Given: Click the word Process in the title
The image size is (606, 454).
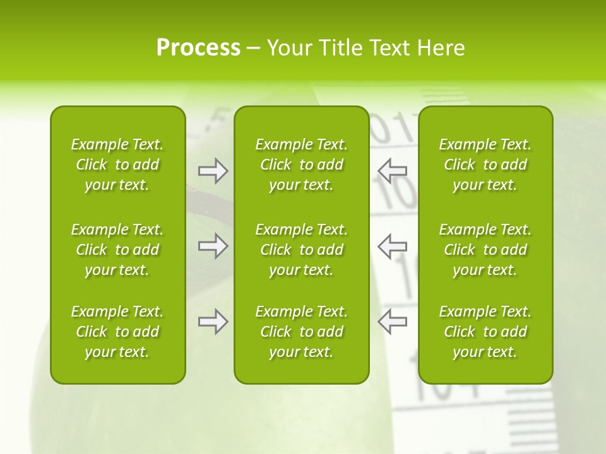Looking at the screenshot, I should coord(198,48).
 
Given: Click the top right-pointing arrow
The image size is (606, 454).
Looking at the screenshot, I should coord(213,171).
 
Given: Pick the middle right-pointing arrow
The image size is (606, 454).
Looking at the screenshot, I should coord(213,246).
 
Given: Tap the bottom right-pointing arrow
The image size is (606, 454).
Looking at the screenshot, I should coord(213,322).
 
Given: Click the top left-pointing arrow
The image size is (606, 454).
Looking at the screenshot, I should coord(392,171).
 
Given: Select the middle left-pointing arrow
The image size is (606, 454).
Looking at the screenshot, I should coord(392,246).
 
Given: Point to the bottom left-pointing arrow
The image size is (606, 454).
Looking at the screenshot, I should coord(392,322).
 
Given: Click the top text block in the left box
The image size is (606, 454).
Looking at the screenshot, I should coord(117,165).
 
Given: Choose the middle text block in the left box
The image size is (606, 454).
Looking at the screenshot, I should coord(117,250).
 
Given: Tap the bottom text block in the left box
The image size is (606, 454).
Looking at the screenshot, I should coord(117,332).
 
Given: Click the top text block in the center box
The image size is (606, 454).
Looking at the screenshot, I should coord(301,165).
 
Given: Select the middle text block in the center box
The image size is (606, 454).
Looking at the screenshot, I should coord(301,250).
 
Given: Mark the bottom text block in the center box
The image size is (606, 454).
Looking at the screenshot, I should coord(301,332).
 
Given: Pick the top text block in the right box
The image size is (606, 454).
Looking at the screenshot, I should coord(485,165).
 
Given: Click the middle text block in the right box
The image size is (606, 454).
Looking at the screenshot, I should coord(485,250).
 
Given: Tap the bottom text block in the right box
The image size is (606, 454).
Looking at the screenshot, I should coord(485,332).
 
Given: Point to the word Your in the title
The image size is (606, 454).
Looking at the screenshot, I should coord(288,48).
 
